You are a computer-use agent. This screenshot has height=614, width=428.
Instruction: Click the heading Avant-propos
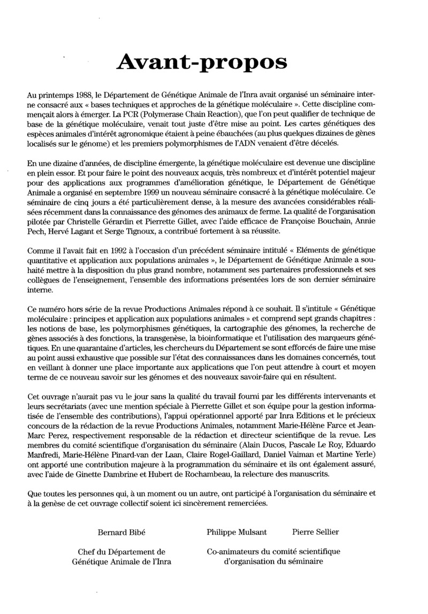[x=202, y=63]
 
